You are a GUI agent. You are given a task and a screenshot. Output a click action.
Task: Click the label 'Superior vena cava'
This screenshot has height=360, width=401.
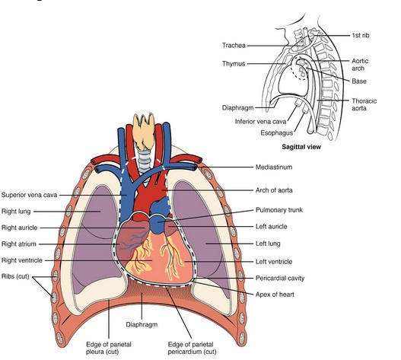(29, 195)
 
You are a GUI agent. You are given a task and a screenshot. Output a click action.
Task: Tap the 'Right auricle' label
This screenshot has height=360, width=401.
(20, 228)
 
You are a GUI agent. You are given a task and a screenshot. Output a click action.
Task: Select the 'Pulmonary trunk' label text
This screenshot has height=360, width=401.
(279, 210)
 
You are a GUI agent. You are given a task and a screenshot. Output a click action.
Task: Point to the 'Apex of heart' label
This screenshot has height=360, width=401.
(275, 295)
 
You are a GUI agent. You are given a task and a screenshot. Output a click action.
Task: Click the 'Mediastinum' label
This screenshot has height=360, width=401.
(274, 167)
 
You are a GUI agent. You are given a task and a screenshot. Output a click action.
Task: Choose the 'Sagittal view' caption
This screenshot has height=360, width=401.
(301, 147)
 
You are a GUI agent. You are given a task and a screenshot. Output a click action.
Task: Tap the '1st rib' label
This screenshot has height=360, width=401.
(361, 35)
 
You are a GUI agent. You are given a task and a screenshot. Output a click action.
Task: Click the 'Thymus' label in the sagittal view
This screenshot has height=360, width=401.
(234, 64)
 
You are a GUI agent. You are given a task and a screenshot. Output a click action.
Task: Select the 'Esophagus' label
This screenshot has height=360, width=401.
(276, 133)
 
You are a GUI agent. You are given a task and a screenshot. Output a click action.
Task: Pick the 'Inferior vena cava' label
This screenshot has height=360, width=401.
(260, 121)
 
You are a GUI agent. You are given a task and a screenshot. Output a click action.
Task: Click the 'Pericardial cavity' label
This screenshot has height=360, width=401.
(280, 278)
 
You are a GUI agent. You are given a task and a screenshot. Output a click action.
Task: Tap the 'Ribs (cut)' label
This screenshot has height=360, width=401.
(15, 276)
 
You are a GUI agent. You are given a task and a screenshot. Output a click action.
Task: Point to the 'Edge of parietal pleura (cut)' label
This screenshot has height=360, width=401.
(109, 348)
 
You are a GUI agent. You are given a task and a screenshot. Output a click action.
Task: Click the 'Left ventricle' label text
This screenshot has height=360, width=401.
(274, 262)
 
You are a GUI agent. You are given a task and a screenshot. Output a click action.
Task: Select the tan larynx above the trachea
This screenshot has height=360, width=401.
(144, 131)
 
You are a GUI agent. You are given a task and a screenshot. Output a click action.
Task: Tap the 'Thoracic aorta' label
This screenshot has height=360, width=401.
(364, 104)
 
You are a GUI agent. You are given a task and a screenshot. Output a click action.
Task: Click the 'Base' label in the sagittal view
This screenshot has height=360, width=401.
(359, 81)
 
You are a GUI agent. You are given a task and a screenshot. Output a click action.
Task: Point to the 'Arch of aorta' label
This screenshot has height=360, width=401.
(274, 190)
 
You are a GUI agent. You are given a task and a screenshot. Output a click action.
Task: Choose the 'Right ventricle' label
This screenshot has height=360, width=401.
(22, 260)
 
